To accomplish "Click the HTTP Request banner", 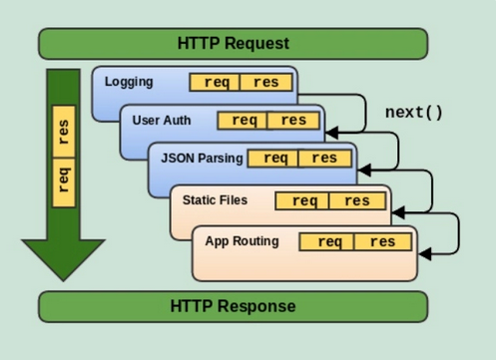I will tap(233, 43).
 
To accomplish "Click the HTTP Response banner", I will tap(233, 305).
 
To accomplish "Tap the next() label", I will tap(414, 111).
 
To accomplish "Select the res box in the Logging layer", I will tap(266, 83).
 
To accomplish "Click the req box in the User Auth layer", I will tap(244, 121).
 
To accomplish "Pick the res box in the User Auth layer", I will tap(294, 121).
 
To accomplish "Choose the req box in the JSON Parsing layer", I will tap(274, 159).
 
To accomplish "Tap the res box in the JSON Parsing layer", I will tap(324, 159).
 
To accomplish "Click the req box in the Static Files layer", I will tap(304, 200).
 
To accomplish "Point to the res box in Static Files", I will tap(356, 200).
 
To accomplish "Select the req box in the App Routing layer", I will tap(329, 241).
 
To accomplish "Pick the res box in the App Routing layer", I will tap(381, 241).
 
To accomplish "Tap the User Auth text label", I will tap(161, 121).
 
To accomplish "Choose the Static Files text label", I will tap(215, 199).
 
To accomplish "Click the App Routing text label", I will tap(242, 241).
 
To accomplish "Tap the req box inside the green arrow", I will tap(65, 180).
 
